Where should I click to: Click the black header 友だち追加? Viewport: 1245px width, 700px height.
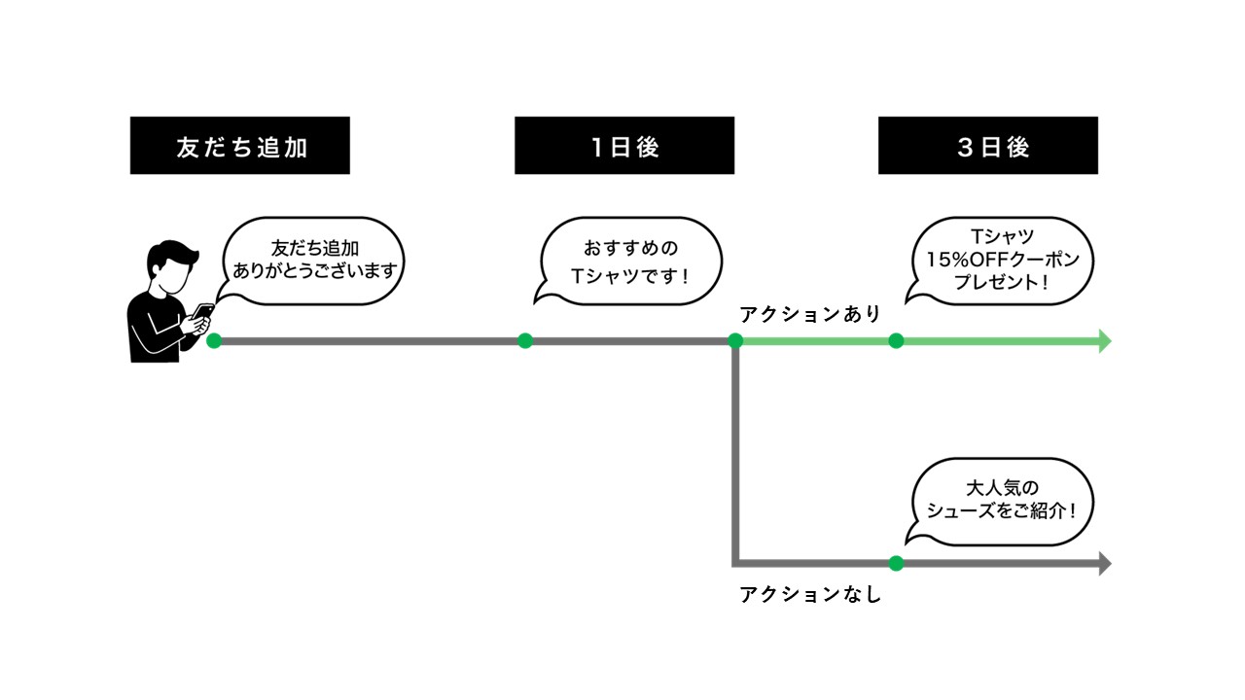(x=239, y=146)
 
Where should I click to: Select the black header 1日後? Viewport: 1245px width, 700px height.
(x=623, y=146)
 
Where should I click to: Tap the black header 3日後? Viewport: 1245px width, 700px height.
(x=987, y=146)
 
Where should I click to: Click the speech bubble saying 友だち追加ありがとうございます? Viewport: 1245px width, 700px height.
(x=309, y=261)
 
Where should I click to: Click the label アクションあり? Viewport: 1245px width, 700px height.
(x=810, y=314)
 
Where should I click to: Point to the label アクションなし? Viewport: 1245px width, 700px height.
(x=810, y=594)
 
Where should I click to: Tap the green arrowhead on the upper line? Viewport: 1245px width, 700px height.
(x=1104, y=340)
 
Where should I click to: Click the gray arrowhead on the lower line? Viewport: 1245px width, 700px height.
(x=1104, y=563)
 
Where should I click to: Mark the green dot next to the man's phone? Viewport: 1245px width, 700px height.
(x=214, y=340)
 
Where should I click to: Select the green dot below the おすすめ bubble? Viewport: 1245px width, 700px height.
(x=525, y=340)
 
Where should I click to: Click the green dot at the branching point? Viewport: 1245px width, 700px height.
(x=735, y=340)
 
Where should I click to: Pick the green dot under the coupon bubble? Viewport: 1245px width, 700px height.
(x=896, y=340)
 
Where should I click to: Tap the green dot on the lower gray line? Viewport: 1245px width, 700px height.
(x=896, y=563)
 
